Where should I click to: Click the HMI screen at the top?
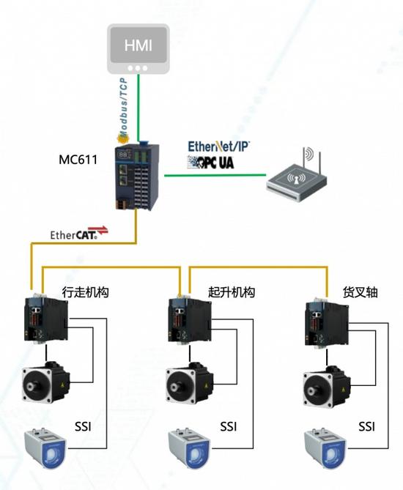pyautogui.click(x=138, y=49)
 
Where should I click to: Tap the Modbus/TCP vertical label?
pyautogui.click(x=124, y=107)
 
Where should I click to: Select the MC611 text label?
pyautogui.click(x=78, y=160)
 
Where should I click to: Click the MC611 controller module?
pyautogui.click(x=137, y=177)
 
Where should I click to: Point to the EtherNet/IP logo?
pyautogui.click(x=218, y=146)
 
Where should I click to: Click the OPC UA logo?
pyautogui.click(x=210, y=162)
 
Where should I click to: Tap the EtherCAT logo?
pyautogui.click(x=79, y=233)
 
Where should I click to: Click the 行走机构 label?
pyautogui.click(x=85, y=292)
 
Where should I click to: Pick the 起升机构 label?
pyautogui.click(x=232, y=292)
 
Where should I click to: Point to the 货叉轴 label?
pyautogui.click(x=361, y=292)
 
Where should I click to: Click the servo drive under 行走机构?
pyautogui.click(x=46, y=319)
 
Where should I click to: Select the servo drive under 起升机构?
pyautogui.click(x=190, y=319)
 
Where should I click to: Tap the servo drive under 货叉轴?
pyautogui.click(x=326, y=322)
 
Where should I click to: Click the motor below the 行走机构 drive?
pyautogui.click(x=45, y=382)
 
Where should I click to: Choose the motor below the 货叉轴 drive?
pyautogui.click(x=327, y=386)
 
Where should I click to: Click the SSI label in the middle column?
pyautogui.click(x=228, y=426)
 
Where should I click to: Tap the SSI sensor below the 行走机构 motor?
pyautogui.click(x=45, y=450)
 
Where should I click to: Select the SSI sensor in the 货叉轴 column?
pyautogui.click(x=325, y=450)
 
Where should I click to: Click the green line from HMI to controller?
pyautogui.click(x=138, y=108)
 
